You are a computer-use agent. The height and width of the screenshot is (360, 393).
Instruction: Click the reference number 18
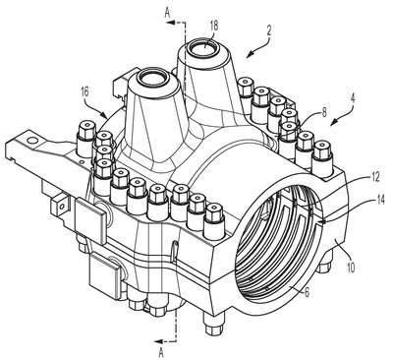coord(213,27)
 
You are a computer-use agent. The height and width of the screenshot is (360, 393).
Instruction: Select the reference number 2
coord(269,30)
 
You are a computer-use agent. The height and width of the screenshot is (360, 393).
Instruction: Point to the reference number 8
coord(324,112)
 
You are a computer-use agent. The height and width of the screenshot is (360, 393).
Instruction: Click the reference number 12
coord(374,177)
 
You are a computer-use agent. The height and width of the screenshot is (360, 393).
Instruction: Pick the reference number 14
coord(380,200)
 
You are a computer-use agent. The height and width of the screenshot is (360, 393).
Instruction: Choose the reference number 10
coord(350,267)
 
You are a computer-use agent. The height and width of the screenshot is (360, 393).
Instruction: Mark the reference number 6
coord(307,292)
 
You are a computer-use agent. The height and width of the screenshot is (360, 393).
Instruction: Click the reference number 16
coord(84,91)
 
